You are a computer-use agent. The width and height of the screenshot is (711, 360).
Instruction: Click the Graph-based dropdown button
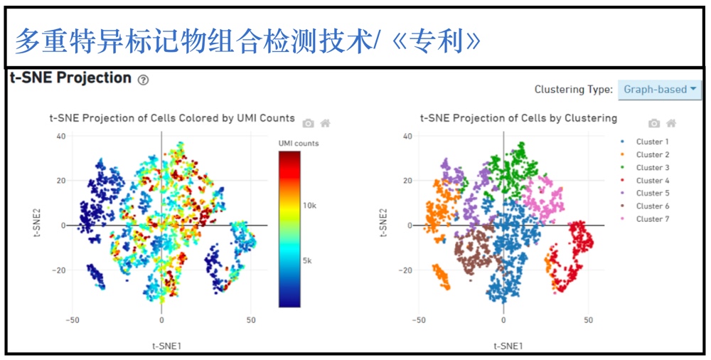[x=660, y=90]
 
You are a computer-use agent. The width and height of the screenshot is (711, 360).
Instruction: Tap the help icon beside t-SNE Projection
[x=143, y=80]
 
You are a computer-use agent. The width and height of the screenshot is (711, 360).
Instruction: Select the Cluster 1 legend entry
[x=646, y=142]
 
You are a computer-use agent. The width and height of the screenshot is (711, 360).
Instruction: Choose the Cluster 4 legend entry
[x=646, y=180]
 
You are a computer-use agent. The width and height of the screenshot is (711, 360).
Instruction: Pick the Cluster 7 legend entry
[x=646, y=219]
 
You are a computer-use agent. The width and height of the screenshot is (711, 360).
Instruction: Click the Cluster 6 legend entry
[x=646, y=206]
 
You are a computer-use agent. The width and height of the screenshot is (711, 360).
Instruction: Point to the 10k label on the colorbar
[x=310, y=206]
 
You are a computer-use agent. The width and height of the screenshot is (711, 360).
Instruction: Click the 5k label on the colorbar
[x=309, y=261]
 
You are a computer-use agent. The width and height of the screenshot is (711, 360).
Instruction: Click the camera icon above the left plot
[x=309, y=123]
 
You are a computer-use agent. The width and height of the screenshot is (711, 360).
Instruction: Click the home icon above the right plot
[x=671, y=123]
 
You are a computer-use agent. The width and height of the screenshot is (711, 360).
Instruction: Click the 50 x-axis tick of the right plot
[x=588, y=320]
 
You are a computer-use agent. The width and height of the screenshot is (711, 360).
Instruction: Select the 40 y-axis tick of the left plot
[x=60, y=136]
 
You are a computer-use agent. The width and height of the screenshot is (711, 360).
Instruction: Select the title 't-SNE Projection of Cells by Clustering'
[x=518, y=119]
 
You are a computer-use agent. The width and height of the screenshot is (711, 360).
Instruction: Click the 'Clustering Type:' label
[x=574, y=90]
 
